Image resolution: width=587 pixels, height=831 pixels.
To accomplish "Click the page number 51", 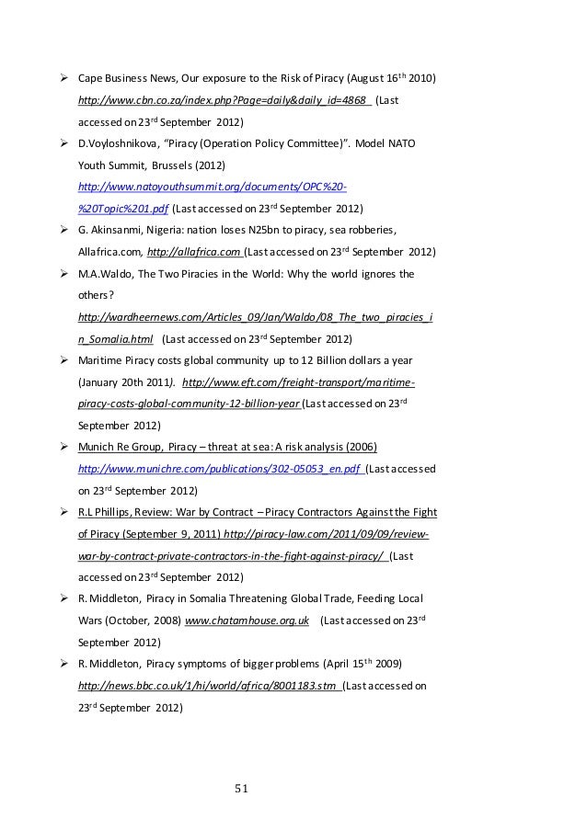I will (243, 788).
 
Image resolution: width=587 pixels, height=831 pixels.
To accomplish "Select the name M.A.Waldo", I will (107, 273).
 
